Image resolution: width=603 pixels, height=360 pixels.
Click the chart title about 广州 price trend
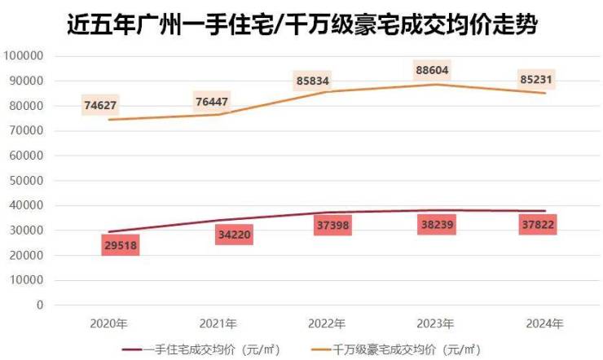tap(301, 24)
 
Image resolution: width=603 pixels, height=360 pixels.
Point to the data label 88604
tap(432, 71)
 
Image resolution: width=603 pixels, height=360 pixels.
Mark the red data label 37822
tap(538, 225)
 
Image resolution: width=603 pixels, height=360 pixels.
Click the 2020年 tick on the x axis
tap(110, 323)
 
